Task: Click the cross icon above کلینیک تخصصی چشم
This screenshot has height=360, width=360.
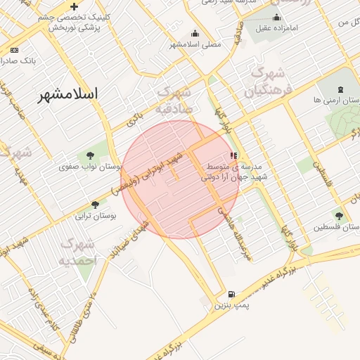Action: [x=74, y=6]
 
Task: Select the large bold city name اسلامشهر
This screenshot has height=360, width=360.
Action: [x=68, y=94]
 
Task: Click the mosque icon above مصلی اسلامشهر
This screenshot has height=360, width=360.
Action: [x=195, y=33]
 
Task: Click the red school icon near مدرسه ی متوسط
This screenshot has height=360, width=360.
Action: [x=233, y=156]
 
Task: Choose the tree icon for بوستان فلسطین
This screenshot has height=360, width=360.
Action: [x=339, y=216]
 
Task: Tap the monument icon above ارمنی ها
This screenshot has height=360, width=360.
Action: [x=341, y=89]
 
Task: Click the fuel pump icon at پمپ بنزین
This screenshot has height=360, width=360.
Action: [x=231, y=295]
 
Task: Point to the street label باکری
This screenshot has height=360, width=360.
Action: [x=134, y=120]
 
